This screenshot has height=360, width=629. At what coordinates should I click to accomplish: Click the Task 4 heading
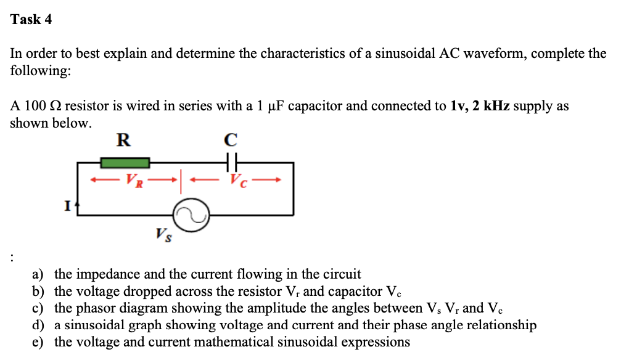31,20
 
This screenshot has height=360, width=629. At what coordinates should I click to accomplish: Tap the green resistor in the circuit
125,163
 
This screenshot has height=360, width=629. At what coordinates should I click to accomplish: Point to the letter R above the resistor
123,140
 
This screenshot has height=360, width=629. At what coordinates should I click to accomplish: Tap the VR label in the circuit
134,181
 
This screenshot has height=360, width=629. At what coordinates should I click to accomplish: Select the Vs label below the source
163,234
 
